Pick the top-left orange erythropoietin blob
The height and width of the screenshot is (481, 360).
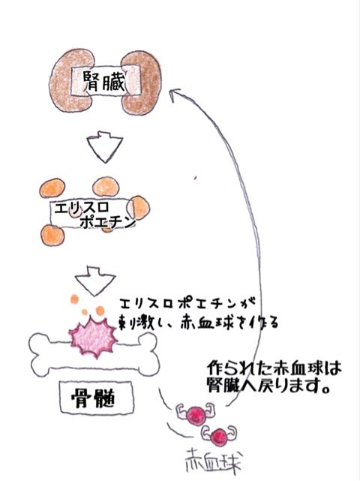tap(52, 188)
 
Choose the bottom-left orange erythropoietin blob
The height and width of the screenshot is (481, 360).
tap(52, 235)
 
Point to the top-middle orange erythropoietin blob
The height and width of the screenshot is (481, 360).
tap(106, 186)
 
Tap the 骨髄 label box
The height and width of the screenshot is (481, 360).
tap(97, 398)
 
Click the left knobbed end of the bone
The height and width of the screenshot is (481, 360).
tap(40, 355)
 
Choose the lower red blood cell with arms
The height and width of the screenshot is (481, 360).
tap(219, 436)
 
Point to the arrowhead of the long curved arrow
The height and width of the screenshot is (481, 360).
tap(173, 94)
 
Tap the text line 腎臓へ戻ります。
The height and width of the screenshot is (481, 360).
tap(268, 385)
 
